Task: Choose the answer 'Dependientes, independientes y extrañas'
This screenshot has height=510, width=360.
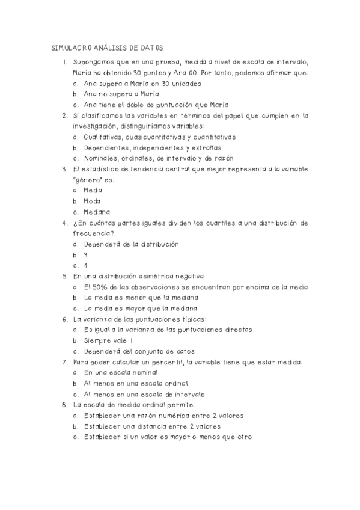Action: pyautogui.click(x=153, y=147)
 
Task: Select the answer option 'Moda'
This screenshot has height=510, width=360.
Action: pyautogui.click(x=93, y=201)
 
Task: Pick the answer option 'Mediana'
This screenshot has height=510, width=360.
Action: pyautogui.click(x=97, y=212)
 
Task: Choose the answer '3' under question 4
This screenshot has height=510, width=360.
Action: pyautogui.click(x=86, y=254)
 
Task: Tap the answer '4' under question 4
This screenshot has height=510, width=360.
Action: pyautogui.click(x=86, y=265)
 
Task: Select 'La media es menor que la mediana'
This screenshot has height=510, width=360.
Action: pyautogui.click(x=141, y=297)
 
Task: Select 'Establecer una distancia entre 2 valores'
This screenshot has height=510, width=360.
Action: pyautogui.click(x=153, y=426)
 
